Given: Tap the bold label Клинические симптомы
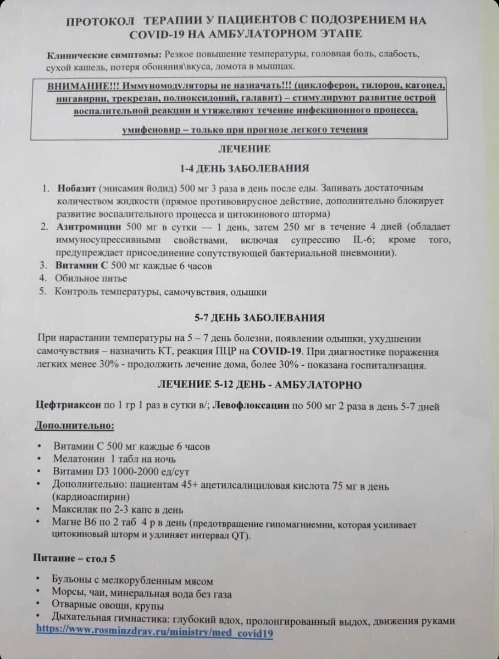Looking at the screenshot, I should click(x=104, y=56).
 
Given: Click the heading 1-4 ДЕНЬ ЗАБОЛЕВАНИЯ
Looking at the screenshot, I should click(x=244, y=167).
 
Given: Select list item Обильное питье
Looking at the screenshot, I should click(x=87, y=278).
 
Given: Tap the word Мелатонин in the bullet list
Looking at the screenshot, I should click(x=80, y=458).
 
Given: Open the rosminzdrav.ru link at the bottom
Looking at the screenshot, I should click(x=154, y=632).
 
